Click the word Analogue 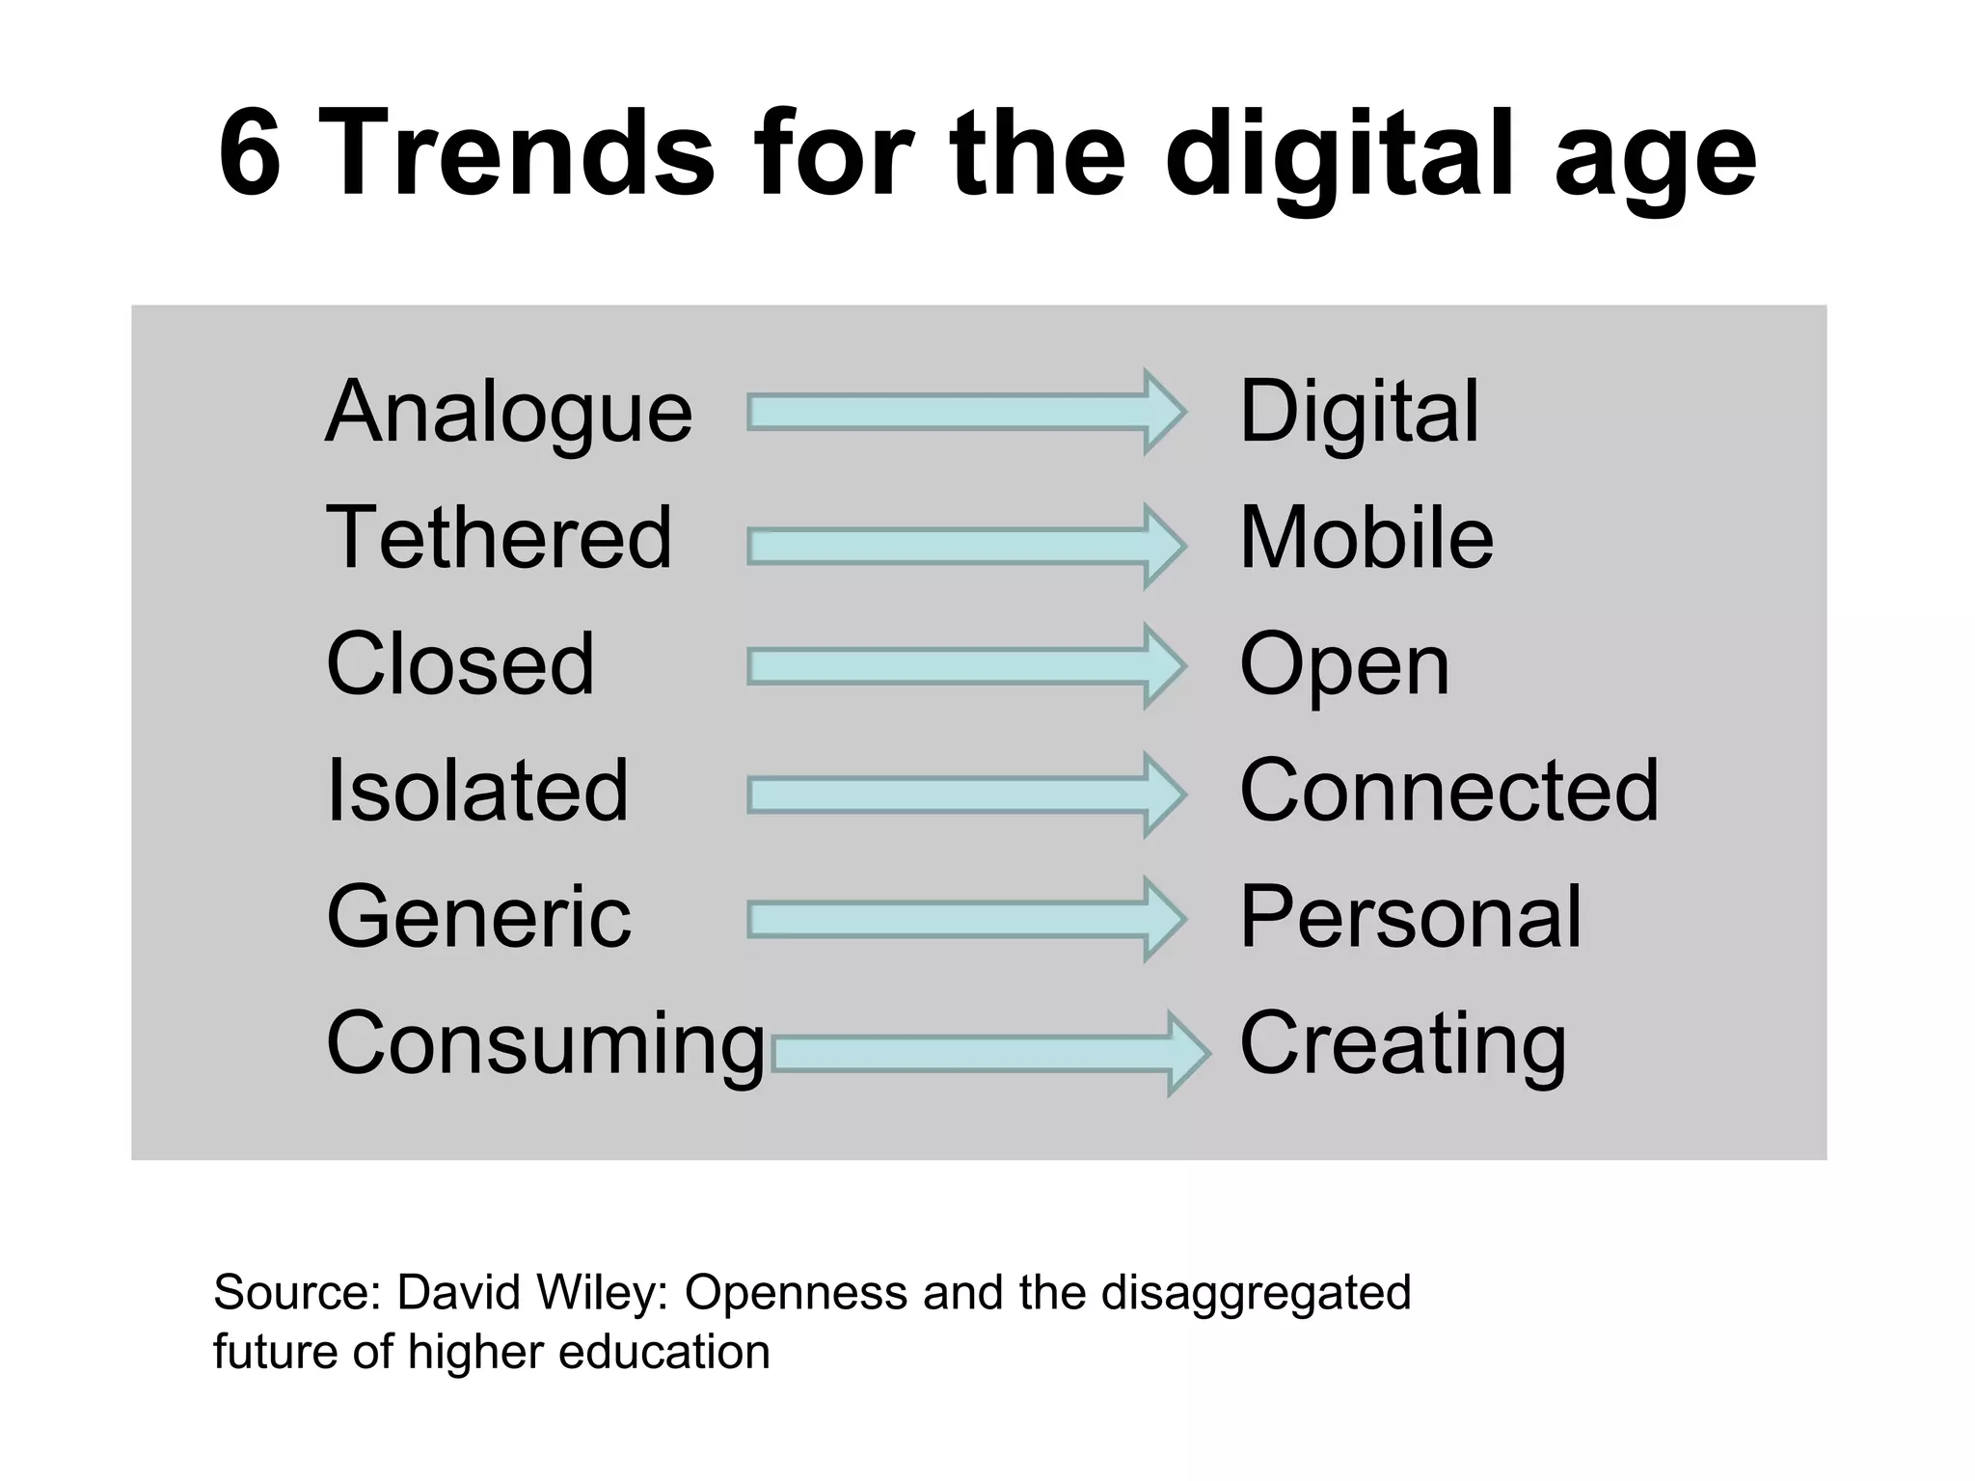[508, 413]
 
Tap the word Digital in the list [1358, 413]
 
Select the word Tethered [499, 538]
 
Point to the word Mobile [1366, 538]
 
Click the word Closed [460, 664]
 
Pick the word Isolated [477, 791]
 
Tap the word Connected [1448, 791]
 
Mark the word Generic [478, 917]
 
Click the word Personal [1410, 917]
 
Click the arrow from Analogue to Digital [965, 412]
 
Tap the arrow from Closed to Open [965, 666]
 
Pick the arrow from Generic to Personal [965, 920]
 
